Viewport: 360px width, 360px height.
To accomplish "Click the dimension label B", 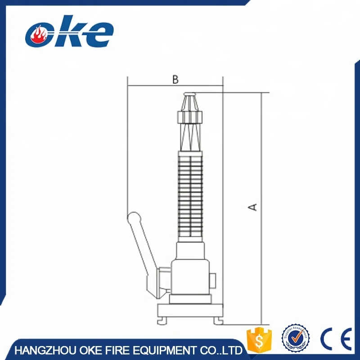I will [175, 80].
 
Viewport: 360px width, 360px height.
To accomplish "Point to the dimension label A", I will [253, 207].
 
